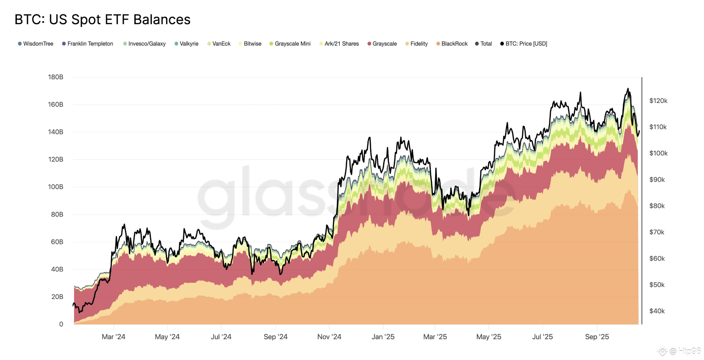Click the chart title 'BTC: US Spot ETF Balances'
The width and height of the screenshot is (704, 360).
tap(103, 19)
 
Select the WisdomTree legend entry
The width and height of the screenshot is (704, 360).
tap(36, 44)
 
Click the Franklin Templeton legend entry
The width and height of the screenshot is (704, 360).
tap(87, 44)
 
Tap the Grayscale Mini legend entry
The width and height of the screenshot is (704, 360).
tap(290, 44)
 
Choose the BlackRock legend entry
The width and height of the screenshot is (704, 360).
tap(452, 44)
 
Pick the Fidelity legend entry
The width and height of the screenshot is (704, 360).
tap(417, 44)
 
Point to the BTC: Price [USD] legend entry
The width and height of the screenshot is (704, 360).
tap(524, 44)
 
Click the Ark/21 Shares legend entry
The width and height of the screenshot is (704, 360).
tap(339, 44)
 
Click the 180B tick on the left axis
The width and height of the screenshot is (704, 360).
tap(55, 77)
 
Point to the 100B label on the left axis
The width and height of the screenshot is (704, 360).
tap(55, 187)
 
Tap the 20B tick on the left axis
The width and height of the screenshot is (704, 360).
tap(57, 297)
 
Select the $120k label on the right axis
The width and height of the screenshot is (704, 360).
tap(658, 101)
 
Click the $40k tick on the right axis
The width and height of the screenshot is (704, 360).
tap(657, 311)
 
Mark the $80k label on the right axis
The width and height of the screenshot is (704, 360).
tap(657, 206)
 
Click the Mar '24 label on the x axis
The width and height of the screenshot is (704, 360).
tap(113, 337)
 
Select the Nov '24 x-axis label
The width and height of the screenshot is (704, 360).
tap(329, 337)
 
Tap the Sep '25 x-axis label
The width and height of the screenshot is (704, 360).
tap(597, 337)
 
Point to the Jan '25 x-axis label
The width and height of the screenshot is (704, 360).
tap(383, 337)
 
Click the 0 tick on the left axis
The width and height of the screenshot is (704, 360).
tap(61, 324)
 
